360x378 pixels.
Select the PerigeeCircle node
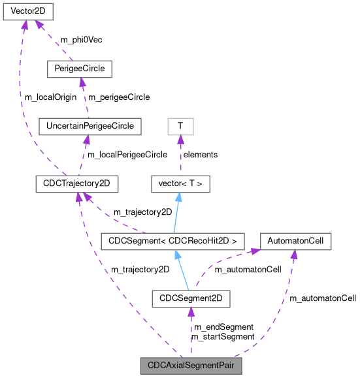[80, 69]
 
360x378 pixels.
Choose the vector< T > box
[180, 183]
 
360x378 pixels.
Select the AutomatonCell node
[295, 241]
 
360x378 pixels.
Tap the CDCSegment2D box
[191, 298]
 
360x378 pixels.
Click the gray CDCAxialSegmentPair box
[191, 366]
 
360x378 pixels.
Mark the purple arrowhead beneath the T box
[180, 140]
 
